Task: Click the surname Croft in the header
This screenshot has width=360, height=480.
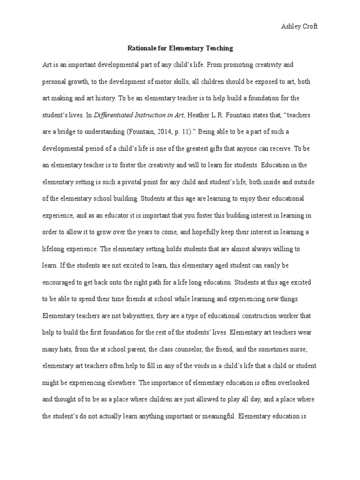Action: (x=308, y=27)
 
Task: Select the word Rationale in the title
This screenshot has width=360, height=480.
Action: (x=143, y=48)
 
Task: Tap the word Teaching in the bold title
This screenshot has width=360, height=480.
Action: (x=217, y=48)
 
